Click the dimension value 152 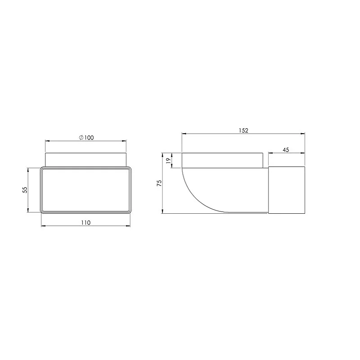pos(243,130)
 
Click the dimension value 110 pos(86,222)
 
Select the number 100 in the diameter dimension pos(89,138)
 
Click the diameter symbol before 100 pos(81,138)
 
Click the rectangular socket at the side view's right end pos(287,189)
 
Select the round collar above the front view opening pos(86,160)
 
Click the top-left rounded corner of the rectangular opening pos(42,171)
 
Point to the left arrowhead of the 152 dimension pos(183,134)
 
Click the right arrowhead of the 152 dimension pos(304,134)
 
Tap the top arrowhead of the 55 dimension pos(28,170)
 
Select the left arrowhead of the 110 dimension pos(43,226)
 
